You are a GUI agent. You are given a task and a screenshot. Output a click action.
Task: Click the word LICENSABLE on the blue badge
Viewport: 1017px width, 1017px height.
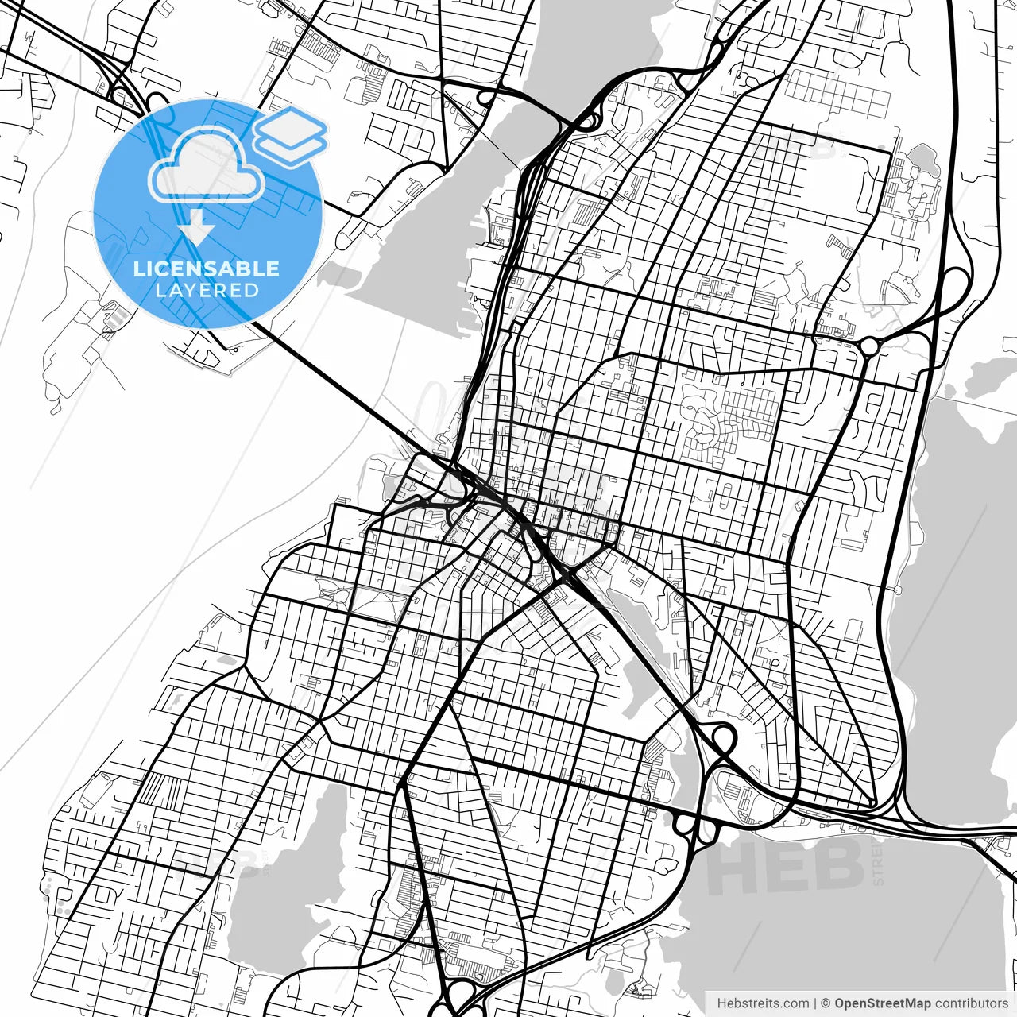pyautogui.click(x=207, y=269)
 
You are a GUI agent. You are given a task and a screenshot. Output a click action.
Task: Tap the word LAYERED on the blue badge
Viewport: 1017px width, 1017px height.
pyautogui.click(x=207, y=291)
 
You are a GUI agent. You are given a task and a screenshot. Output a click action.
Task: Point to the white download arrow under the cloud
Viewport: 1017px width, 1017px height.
pyautogui.click(x=196, y=227)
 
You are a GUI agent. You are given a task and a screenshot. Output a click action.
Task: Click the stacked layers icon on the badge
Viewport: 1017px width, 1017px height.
pyautogui.click(x=290, y=137)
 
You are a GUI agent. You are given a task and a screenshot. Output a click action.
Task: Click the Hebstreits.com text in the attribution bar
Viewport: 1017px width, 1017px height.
pyautogui.click(x=763, y=1003)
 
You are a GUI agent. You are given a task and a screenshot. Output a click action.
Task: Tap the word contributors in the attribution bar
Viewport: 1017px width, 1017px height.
pyautogui.click(x=971, y=1003)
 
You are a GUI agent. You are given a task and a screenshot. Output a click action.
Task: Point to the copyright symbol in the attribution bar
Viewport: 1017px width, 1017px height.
pyautogui.click(x=826, y=1003)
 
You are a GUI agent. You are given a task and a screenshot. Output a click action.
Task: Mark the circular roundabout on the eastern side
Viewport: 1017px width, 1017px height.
pyautogui.click(x=869, y=346)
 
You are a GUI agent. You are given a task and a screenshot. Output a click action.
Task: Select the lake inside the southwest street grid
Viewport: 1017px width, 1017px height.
pyautogui.click(x=278, y=882)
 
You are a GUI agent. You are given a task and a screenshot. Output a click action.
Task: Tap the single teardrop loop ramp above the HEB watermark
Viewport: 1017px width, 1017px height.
pyautogui.click(x=721, y=739)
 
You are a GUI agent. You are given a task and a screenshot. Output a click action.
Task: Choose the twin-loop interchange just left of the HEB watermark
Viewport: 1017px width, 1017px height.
pyautogui.click(x=694, y=825)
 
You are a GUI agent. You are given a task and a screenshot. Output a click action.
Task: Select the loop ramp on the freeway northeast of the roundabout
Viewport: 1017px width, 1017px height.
pyautogui.click(x=953, y=282)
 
